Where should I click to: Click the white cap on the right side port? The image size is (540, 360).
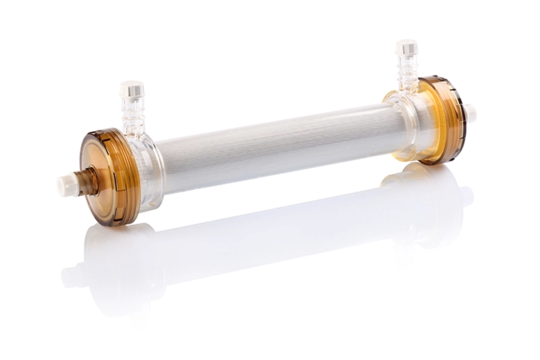(x=406, y=47)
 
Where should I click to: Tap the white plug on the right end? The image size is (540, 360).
(x=470, y=114)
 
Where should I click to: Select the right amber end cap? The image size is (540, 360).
(x=442, y=120)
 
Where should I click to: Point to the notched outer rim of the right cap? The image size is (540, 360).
(x=454, y=120)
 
